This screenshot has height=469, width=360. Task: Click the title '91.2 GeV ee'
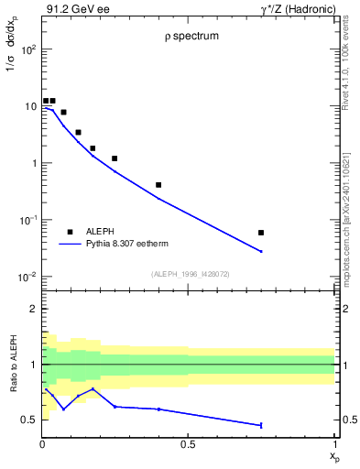point(73,8)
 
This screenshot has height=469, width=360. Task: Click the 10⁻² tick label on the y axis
point(28,277)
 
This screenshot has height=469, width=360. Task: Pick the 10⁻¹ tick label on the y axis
point(28,220)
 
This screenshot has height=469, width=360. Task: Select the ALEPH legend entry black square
point(70,232)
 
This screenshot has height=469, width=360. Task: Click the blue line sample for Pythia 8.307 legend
point(70,244)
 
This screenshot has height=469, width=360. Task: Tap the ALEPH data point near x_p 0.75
point(261,233)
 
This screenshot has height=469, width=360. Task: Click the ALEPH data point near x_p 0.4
point(158,185)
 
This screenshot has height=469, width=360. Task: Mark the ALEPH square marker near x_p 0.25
point(115,158)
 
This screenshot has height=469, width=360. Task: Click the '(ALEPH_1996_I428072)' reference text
point(189,273)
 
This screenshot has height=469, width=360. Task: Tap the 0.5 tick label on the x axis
point(188,444)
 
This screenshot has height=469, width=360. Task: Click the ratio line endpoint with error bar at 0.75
point(261,425)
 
